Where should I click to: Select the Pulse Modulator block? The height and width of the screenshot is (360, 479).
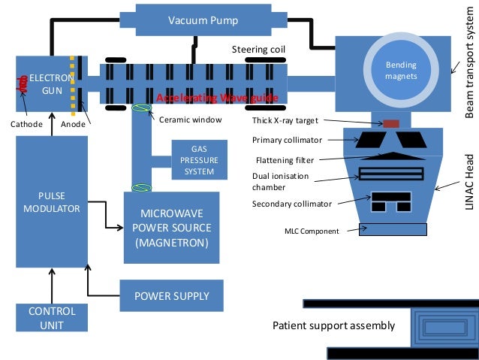(52, 201)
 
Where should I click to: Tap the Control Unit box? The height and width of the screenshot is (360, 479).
(52, 317)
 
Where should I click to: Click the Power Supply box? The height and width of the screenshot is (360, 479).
(172, 295)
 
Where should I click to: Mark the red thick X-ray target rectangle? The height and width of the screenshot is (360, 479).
(390, 123)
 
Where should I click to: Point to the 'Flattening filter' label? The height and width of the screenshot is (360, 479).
(283, 159)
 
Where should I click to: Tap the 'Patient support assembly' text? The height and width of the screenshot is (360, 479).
(333, 325)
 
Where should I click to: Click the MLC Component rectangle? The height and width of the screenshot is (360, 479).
(393, 230)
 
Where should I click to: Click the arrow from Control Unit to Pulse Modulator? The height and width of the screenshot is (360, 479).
(52, 286)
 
